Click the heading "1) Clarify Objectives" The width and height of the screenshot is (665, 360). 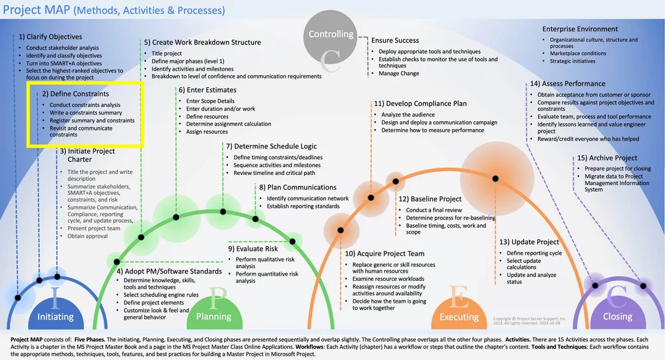[x=51, y=37]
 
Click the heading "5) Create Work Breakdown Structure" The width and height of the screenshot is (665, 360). [x=202, y=43]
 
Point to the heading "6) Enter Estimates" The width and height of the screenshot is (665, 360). [x=207, y=90]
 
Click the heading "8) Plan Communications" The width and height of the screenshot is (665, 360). [x=298, y=188]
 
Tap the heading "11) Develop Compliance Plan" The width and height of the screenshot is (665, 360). [x=420, y=104]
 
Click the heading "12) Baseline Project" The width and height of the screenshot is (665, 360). [x=430, y=199]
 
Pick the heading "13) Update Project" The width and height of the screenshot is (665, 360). [x=529, y=242]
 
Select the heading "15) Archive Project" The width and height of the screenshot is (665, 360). [x=606, y=158]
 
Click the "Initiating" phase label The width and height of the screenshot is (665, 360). [x=55, y=317]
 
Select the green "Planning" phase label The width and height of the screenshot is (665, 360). [x=213, y=317]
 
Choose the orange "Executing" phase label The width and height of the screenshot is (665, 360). [x=459, y=317]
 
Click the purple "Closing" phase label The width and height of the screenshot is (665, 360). [x=617, y=317]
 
